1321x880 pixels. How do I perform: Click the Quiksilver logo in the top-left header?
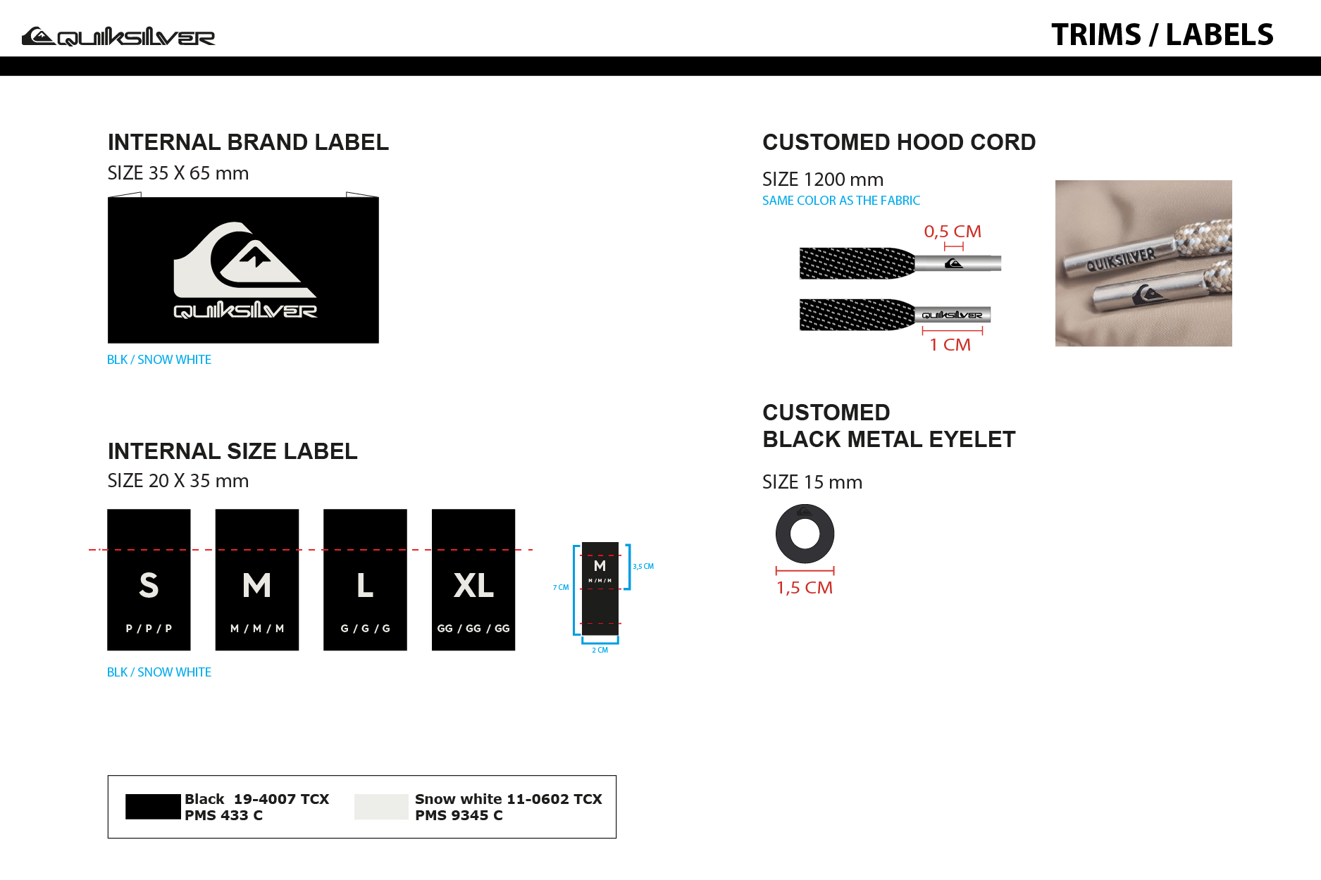(x=118, y=36)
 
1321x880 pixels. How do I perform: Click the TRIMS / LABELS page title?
(x=1162, y=34)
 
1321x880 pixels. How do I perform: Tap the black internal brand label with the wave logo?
(x=243, y=270)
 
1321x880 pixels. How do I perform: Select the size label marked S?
(x=149, y=579)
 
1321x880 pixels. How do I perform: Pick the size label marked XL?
(x=473, y=579)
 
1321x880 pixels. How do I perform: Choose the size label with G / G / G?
(x=365, y=579)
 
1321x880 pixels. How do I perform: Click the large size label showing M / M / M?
(x=257, y=579)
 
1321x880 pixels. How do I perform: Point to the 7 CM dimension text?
(x=561, y=587)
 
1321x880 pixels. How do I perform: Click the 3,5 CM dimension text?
(x=643, y=566)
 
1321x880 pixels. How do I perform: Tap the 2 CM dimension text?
(x=600, y=650)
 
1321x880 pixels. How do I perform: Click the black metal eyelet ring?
(x=805, y=517)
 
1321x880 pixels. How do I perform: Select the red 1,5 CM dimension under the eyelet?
(x=805, y=587)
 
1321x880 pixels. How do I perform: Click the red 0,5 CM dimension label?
(x=953, y=231)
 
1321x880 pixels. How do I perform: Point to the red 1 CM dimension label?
(x=950, y=344)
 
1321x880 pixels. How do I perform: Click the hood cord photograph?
(x=1143, y=263)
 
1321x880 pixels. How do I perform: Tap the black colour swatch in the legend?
(x=153, y=807)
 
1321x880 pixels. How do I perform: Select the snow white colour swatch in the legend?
(x=381, y=807)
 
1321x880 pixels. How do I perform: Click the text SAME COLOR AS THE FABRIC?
(x=841, y=201)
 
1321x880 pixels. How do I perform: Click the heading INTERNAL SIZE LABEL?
(x=232, y=451)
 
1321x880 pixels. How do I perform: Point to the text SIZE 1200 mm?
(x=823, y=180)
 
